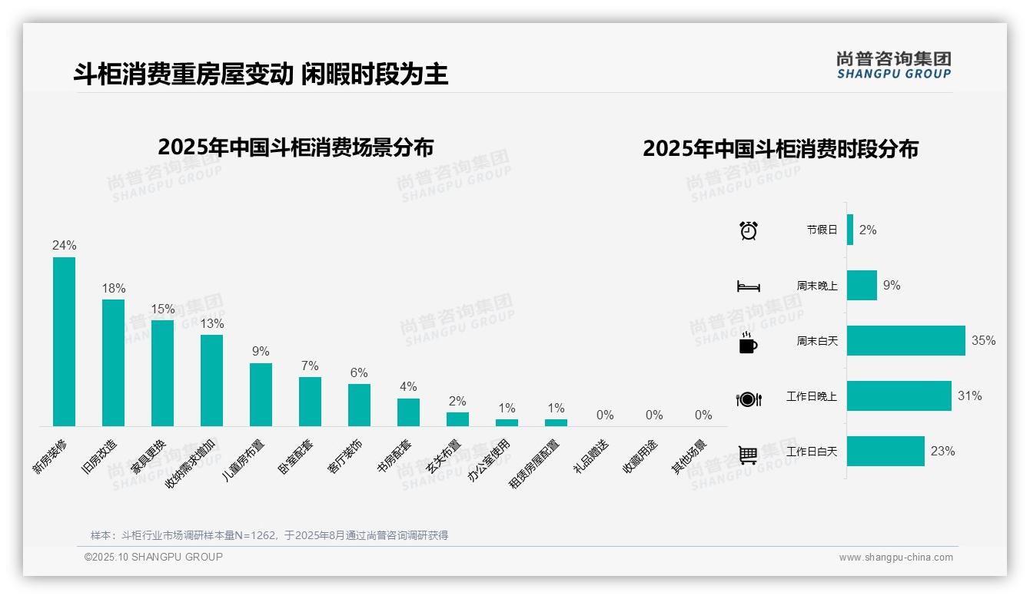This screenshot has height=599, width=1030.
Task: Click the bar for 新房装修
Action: coord(64,342)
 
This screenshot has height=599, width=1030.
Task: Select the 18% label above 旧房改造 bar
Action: coord(114,288)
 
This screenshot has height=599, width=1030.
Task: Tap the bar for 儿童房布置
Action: coord(261,394)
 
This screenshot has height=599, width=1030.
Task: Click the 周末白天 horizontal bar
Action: coord(905,341)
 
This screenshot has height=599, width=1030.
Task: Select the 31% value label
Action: coord(969,396)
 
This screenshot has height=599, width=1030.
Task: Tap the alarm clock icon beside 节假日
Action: coord(748,230)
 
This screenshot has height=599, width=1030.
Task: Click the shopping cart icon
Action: coord(748,455)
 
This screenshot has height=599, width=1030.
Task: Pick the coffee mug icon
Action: coord(748,343)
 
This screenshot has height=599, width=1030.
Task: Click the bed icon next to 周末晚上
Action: coord(748,286)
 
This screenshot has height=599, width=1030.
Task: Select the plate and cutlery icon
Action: coord(748,399)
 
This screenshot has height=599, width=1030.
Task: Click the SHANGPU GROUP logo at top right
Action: coord(893,65)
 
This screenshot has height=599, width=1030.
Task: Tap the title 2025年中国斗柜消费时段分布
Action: coord(780,149)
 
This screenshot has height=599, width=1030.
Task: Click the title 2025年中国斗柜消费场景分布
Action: coord(296,147)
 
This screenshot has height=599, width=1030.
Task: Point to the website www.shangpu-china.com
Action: coord(895,558)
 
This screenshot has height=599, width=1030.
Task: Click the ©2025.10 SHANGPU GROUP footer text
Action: coord(154,557)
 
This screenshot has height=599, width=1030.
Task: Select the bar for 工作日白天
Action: coord(885,452)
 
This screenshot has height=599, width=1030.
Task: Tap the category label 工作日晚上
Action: coord(811,397)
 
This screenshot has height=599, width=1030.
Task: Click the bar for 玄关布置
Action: coord(457,419)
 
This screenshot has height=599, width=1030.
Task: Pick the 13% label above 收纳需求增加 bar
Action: coord(212,323)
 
